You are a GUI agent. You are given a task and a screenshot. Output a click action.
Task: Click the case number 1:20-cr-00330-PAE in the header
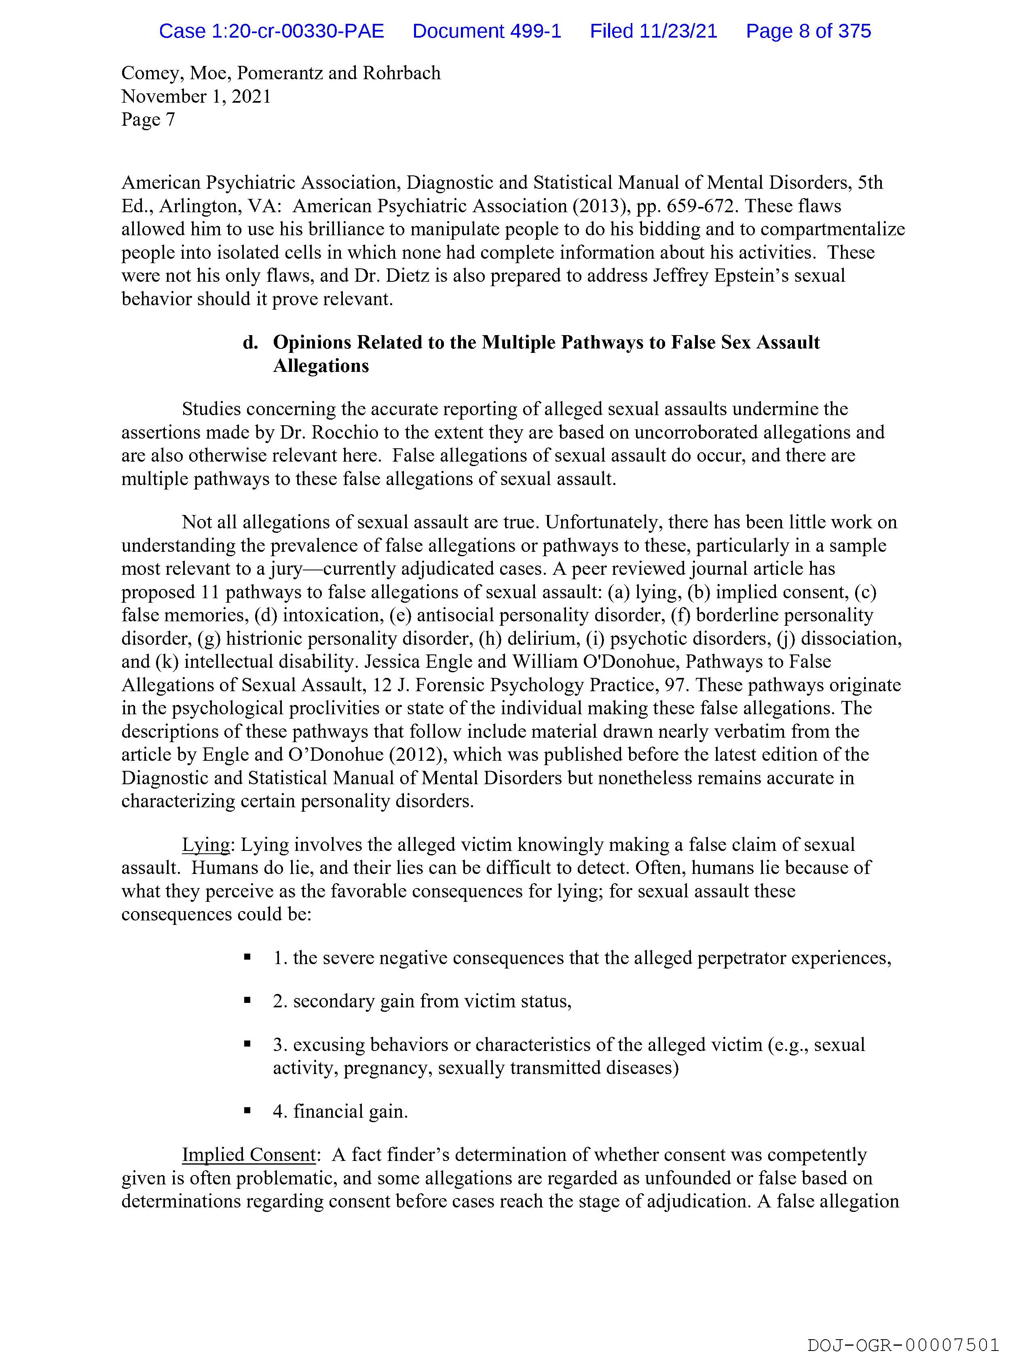tap(271, 31)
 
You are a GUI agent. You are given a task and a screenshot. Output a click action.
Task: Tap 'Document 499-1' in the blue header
tap(487, 31)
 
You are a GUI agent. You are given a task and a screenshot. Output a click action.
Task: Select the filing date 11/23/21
tap(678, 31)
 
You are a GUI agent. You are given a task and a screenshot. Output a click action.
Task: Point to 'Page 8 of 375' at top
tap(808, 31)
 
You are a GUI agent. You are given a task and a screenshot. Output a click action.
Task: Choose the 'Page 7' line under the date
tap(148, 120)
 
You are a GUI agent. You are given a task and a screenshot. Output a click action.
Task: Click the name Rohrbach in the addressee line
tap(401, 73)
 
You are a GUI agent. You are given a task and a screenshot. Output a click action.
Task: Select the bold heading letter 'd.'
tap(250, 342)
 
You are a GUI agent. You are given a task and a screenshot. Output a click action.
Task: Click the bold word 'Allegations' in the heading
tap(321, 366)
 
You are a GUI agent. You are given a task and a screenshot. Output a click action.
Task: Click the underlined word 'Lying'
tap(205, 845)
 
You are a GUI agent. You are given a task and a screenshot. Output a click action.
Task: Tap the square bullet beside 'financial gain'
tap(247, 1110)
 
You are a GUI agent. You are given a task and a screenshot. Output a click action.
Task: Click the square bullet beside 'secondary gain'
tap(247, 1000)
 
